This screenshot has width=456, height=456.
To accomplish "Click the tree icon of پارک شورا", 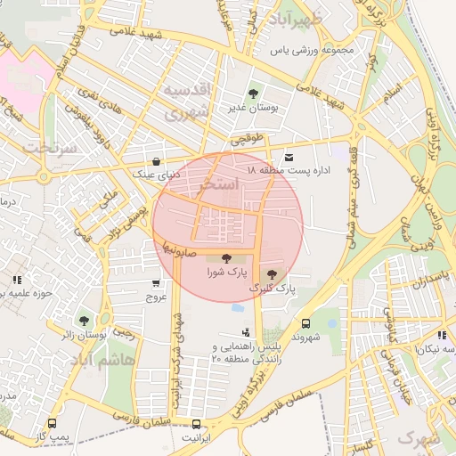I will [223, 258].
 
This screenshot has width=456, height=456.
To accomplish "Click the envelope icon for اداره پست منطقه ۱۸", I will [289, 157].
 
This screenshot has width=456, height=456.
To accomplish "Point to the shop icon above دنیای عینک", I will [157, 162].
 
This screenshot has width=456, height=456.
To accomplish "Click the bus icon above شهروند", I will [305, 323].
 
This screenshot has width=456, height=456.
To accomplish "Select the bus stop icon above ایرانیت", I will [196, 425].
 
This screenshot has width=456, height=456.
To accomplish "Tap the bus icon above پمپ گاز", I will [52, 425].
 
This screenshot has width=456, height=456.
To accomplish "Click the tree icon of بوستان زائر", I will [84, 321].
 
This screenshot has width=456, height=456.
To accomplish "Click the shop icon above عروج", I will [156, 283].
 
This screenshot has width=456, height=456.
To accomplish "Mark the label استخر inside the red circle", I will [221, 185].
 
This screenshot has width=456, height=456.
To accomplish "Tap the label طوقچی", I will [248, 140].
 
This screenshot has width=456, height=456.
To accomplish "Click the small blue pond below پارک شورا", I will [237, 307].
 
